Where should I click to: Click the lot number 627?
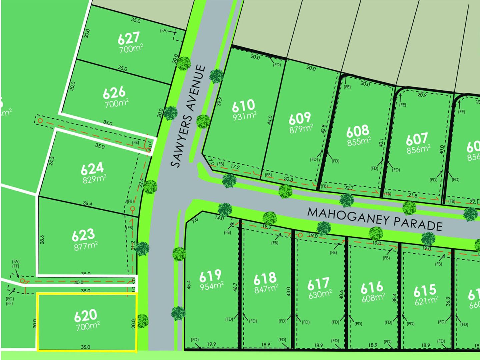[x=128, y=38]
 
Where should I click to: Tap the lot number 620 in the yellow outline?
[x=86, y=315]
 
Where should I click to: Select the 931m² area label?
[x=245, y=116]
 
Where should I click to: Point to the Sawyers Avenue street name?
[x=188, y=116]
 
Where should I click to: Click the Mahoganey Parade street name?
[x=375, y=219]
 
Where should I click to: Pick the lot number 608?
[x=358, y=131]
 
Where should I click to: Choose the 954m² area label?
[x=211, y=286]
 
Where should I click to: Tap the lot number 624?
[x=92, y=169]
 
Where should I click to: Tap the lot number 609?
[x=299, y=118]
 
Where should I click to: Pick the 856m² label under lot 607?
[x=418, y=149]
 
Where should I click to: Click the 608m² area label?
[x=373, y=297]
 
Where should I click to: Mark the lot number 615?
[x=425, y=291]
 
